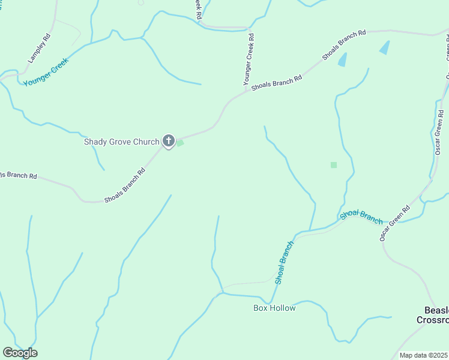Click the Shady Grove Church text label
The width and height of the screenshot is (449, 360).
121,142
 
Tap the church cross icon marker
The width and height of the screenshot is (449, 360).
169,142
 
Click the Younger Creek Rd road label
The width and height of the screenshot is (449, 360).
248,58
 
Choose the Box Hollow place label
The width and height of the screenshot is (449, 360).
274,308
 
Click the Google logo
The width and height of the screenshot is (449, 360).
20,353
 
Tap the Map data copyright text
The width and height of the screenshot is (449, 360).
424,355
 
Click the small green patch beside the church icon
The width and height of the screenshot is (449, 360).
179,143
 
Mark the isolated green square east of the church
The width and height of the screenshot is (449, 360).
334,165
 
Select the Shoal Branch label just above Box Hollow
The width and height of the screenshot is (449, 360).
285,262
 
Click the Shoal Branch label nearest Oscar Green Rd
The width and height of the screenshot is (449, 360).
361,217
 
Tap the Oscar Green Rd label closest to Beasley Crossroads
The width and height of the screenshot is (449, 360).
394,223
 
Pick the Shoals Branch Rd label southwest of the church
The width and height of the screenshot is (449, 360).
125,185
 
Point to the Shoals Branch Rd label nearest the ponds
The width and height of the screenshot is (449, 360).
343,45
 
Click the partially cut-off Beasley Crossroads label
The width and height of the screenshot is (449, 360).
433,315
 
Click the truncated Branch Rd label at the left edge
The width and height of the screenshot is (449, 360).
18,175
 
